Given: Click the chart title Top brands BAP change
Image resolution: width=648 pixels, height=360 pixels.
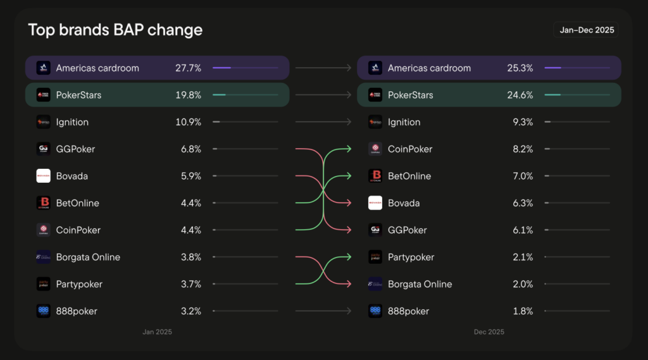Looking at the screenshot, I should coord(115,30).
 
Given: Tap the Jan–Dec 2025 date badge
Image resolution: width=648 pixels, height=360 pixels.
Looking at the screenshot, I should coord(587,30).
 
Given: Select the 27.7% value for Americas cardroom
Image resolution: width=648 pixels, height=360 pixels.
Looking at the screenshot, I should coord(188,68).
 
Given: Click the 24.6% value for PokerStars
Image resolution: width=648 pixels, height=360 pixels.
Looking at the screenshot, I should coord(520,95).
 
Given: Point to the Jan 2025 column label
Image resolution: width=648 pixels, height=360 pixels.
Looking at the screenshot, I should coord(157,332).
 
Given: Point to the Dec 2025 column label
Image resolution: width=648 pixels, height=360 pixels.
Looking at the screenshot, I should coord(489,332).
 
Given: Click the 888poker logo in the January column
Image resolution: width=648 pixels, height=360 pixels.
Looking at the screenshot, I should coord(43,311).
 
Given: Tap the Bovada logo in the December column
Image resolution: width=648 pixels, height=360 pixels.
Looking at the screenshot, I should coord(375,203).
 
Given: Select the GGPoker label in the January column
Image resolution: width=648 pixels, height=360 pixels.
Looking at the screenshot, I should coord(76,149).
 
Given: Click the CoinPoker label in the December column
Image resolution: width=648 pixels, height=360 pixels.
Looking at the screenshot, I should coord(409,149).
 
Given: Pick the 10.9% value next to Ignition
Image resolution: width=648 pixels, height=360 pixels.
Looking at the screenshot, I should coord(188,122).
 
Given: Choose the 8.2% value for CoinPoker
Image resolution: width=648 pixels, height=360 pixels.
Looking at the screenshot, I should coord(522,149).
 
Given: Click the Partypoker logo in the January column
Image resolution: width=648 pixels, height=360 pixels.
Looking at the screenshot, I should coord(43,284).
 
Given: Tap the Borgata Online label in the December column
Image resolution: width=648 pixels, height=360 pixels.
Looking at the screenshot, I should coord(420,284).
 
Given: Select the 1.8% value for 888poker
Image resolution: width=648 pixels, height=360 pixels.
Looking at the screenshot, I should coord(522,311).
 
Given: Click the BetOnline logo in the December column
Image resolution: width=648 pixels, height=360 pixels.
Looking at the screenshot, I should coord(375,176).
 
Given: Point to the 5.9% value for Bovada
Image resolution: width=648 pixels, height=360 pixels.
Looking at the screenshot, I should coord(190,176).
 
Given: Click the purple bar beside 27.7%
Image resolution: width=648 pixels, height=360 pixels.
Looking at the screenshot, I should coord(222,68).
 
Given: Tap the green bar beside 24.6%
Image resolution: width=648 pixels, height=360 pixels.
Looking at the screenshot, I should coord(552,95).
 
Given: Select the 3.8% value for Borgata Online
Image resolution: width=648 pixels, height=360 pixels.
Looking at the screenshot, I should coord(190,258).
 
